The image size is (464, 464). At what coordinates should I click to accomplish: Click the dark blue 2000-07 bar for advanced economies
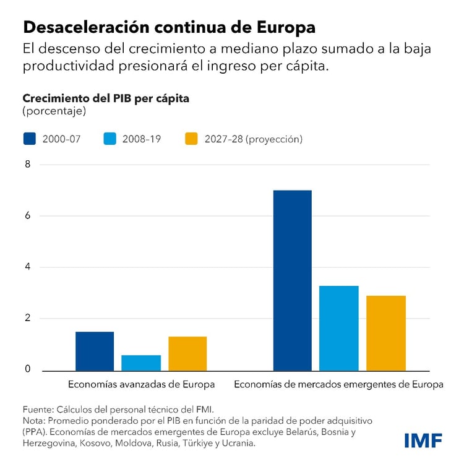coord(95,351)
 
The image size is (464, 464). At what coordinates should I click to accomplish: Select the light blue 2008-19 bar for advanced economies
coord(141,363)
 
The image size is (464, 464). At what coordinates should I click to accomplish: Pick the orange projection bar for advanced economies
coord(187,353)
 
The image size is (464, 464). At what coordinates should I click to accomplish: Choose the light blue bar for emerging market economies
coord(339,328)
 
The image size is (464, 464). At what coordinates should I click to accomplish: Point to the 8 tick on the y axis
coord(27,165)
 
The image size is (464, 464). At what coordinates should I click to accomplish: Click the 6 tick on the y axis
coord(27,216)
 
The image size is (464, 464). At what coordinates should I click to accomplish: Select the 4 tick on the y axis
coord(27,267)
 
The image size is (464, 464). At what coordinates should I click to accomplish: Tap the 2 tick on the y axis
coord(27,319)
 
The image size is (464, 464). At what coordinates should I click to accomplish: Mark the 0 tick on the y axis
coord(27,369)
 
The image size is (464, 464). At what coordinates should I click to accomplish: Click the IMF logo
coord(423,440)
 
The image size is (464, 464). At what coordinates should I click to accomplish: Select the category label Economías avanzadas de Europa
coord(141,384)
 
